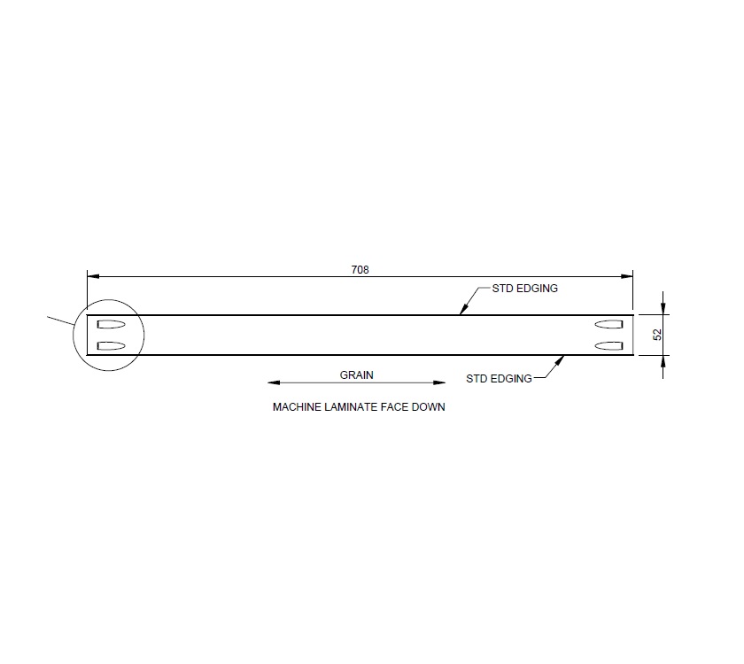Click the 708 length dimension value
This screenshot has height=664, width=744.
click(x=360, y=269)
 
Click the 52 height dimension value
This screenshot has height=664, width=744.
click(x=657, y=335)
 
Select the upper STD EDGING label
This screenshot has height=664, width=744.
click(x=524, y=289)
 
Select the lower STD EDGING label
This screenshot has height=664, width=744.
click(x=499, y=379)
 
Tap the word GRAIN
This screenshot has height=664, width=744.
click(x=357, y=374)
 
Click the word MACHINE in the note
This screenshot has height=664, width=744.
click(x=293, y=409)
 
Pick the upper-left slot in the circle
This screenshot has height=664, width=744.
click(x=112, y=323)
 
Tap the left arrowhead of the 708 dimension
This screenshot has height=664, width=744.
click(x=92, y=276)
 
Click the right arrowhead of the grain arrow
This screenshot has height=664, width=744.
click(x=440, y=383)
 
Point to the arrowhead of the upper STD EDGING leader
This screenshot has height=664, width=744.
click(x=461, y=310)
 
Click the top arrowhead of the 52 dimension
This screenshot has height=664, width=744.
click(x=663, y=309)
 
